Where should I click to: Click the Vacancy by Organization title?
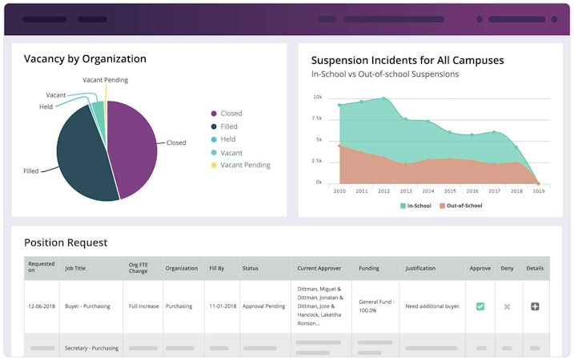click(85, 58)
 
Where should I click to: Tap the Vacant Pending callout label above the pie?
click(105, 80)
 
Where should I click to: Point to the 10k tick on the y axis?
click(318, 98)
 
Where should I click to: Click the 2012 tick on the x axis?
click(383, 191)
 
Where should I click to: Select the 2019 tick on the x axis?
click(538, 191)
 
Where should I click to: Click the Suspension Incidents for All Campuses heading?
click(407, 60)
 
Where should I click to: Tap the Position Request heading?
click(66, 242)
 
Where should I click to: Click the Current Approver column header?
click(319, 268)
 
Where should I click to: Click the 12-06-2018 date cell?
click(42, 306)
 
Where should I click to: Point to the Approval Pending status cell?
click(263, 306)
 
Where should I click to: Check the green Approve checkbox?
click(480, 306)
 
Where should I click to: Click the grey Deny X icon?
click(507, 306)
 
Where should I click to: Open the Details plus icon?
click(535, 306)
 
